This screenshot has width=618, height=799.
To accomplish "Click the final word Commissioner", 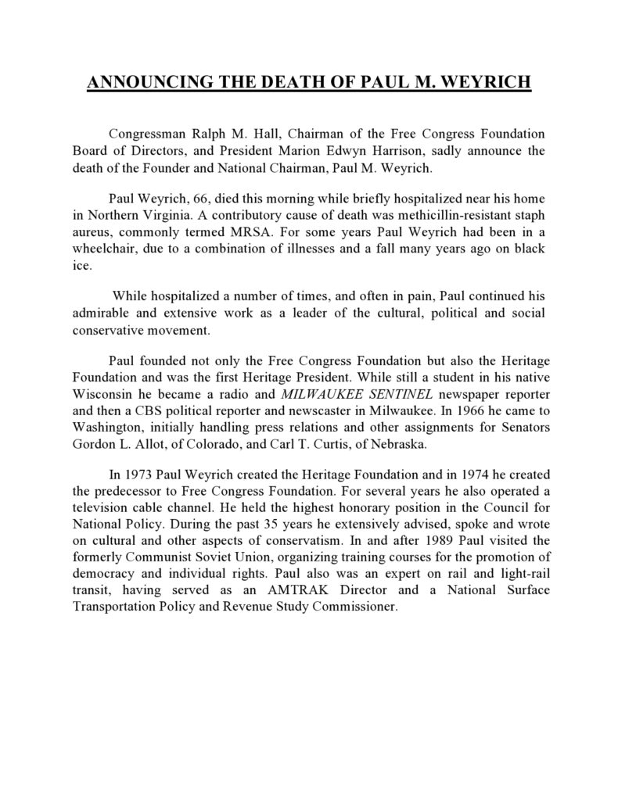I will pos(353,604).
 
